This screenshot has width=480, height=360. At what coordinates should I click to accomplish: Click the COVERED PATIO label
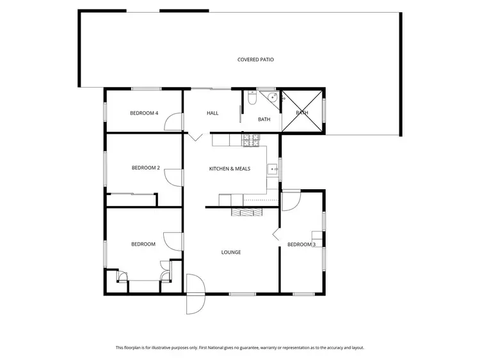255,59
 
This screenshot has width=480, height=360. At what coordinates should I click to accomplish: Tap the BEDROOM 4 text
144,113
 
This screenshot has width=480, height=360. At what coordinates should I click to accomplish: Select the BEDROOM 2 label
145,168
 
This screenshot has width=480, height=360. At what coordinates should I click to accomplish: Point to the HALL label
212,113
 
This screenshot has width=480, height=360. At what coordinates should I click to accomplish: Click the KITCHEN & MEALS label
229,169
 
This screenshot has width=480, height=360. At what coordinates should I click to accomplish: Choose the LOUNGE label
231,252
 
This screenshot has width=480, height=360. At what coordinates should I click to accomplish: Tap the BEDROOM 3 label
301,244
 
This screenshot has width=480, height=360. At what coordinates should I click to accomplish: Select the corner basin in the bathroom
272,98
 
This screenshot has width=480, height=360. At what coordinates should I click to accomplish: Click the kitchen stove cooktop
249,138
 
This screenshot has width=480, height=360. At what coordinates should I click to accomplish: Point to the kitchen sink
273,169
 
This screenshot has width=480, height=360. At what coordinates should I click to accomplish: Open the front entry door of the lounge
195,294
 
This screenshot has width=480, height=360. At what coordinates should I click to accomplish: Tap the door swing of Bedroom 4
172,120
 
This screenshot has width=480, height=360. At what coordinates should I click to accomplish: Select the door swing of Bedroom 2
172,175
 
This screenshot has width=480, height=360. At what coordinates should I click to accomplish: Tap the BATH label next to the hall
264,119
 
